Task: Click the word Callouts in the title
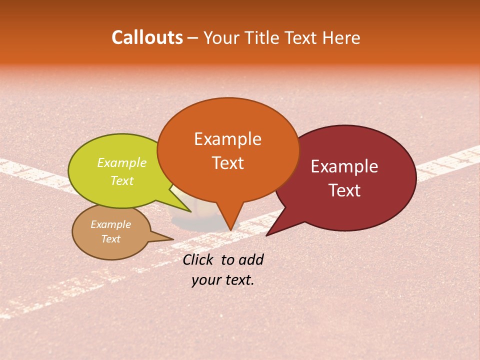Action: tap(147, 37)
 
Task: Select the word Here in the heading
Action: tap(342, 38)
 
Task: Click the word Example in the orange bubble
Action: tap(227, 139)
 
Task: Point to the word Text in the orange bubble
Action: tap(227, 163)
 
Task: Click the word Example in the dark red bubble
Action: tap(344, 166)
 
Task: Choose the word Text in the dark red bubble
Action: tap(344, 190)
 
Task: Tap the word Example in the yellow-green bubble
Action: tap(122, 163)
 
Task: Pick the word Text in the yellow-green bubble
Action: tap(122, 181)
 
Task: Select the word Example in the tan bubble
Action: tap(111, 225)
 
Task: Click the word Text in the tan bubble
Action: tap(111, 239)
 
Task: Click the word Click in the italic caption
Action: tap(199, 259)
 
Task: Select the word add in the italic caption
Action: tap(250, 259)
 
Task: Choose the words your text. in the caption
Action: tap(223, 280)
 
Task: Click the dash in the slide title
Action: tap(193, 38)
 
